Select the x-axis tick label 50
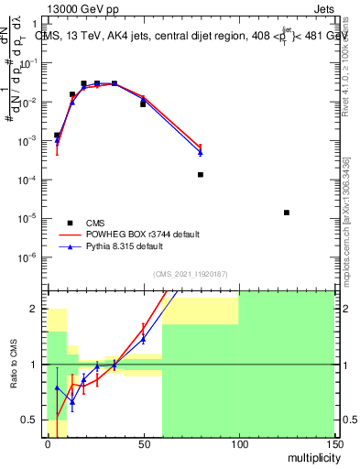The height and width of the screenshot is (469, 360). tap(143, 443)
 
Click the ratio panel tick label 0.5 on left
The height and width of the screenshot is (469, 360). tap(30, 420)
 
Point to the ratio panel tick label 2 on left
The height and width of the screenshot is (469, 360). tap(35, 309)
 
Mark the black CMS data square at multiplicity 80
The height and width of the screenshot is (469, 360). tap(201, 174)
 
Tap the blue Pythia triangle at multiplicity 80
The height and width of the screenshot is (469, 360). tap(201, 152)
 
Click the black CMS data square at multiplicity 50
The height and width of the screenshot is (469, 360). tap(143, 104)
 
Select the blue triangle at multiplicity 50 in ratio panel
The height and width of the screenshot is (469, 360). tap(143, 339)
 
